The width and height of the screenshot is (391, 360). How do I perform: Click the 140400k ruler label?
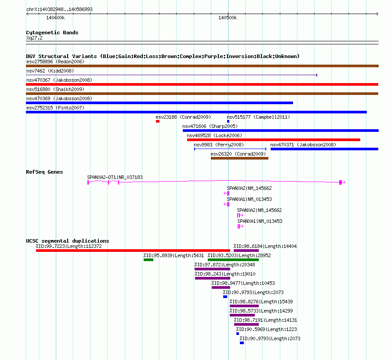pyautogui.click(x=55, y=18)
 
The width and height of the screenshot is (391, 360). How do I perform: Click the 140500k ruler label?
pyautogui.click(x=228, y=18)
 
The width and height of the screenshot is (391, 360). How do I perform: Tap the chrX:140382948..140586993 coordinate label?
pyautogui.click(x=59, y=9)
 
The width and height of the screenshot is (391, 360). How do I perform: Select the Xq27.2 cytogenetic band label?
pyautogui.click(x=34, y=38)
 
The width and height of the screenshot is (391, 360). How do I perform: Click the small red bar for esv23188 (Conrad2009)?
pyautogui.click(x=158, y=121)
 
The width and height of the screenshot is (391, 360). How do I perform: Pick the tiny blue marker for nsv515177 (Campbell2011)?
pyautogui.click(x=228, y=121)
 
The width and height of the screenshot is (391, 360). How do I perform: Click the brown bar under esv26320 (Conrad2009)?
pyautogui.click(x=239, y=158)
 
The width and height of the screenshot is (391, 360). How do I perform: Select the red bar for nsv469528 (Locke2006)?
pyautogui.click(x=274, y=140)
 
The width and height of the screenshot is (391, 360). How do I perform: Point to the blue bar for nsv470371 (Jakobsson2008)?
pyautogui.click(x=324, y=149)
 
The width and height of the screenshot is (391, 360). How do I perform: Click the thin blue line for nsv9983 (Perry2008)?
pyautogui.click(x=230, y=149)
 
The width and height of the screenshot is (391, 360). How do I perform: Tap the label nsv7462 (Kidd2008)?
pyautogui.click(x=50, y=71)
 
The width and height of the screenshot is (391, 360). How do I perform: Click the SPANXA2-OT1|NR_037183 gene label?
pyautogui.click(x=115, y=177)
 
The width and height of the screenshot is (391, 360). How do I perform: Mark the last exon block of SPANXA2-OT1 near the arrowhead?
pyautogui.click(x=340, y=182)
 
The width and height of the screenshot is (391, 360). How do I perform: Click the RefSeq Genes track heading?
pyautogui.click(x=44, y=172)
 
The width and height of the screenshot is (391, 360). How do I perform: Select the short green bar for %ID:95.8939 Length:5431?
pyautogui.click(x=148, y=260)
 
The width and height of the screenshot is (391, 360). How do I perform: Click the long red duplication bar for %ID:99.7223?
pyautogui.click(x=133, y=251)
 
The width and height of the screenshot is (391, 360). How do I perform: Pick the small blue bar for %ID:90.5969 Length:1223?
pyautogui.click(x=238, y=334)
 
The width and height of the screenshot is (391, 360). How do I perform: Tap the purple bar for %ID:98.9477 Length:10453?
pyautogui.click(x=221, y=287)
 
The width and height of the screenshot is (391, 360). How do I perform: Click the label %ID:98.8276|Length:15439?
pyautogui.click(x=261, y=302)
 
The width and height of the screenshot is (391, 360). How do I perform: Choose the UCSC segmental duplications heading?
pyautogui.click(x=68, y=241)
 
